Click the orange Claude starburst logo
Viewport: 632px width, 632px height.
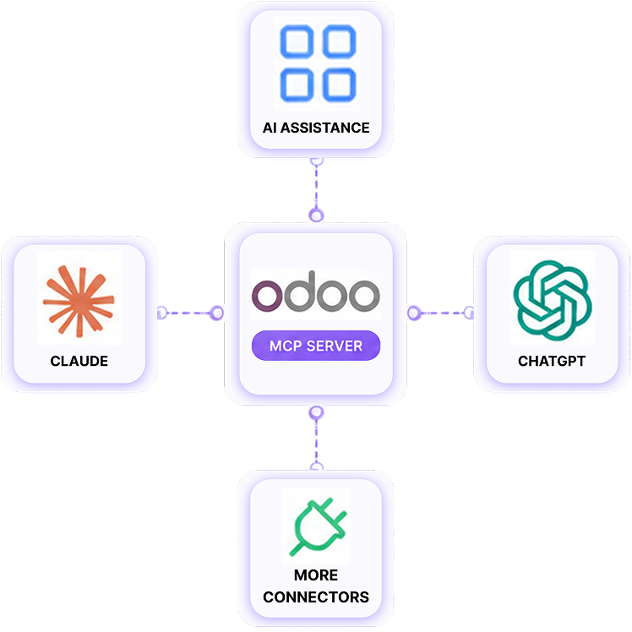tap(79, 301)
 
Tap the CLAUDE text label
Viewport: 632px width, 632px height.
tap(79, 361)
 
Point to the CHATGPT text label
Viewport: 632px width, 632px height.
tap(552, 361)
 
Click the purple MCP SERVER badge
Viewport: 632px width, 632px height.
tap(316, 346)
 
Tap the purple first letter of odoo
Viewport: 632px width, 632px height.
tap(267, 296)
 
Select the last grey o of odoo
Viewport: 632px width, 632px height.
tap(365, 296)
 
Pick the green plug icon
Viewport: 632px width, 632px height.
tap(318, 526)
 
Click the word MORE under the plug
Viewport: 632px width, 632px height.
tap(316, 575)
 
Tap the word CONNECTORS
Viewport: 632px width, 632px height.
tap(316, 597)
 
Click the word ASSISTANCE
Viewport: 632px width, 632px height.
tap(324, 128)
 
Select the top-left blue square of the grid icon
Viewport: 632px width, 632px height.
tap(297, 41)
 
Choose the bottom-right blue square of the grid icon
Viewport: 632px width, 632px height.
tap(340, 84)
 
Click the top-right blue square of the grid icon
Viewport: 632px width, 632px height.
tap(340, 41)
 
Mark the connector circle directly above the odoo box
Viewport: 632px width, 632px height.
tap(316, 215)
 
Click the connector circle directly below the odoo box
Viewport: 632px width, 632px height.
tap(316, 412)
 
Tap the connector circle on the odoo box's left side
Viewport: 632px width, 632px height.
tap(217, 313)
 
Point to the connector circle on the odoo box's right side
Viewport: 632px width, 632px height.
tap(414, 313)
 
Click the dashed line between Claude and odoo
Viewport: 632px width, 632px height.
tap(188, 313)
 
